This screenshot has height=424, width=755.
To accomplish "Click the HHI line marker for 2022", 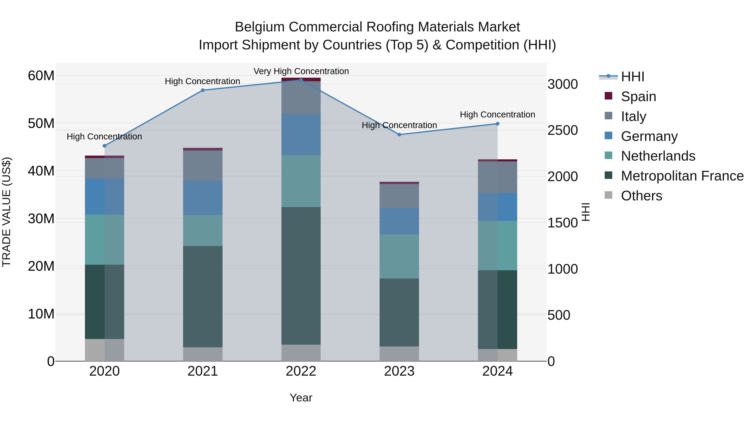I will [301, 80].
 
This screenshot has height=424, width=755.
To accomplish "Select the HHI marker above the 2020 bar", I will [105, 146].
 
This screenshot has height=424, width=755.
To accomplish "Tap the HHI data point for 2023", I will [399, 135].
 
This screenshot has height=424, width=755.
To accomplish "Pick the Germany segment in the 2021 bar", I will [203, 198].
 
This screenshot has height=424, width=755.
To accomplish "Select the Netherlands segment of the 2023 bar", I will [399, 256].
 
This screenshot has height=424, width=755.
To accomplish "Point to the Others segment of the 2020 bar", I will [105, 350].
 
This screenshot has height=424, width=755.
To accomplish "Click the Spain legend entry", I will [638, 97].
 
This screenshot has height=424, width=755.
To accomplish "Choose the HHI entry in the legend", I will [632, 77].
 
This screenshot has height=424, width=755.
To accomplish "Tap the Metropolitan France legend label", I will [682, 176].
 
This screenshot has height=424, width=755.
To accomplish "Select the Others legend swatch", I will [608, 195].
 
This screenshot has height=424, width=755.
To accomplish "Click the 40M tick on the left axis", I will [41, 171].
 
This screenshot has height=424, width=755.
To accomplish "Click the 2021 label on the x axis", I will [203, 371].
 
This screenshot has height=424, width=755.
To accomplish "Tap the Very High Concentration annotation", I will [301, 71].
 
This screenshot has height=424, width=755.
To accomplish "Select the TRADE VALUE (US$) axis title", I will [7, 212].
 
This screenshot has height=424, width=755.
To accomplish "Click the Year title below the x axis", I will [301, 398].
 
